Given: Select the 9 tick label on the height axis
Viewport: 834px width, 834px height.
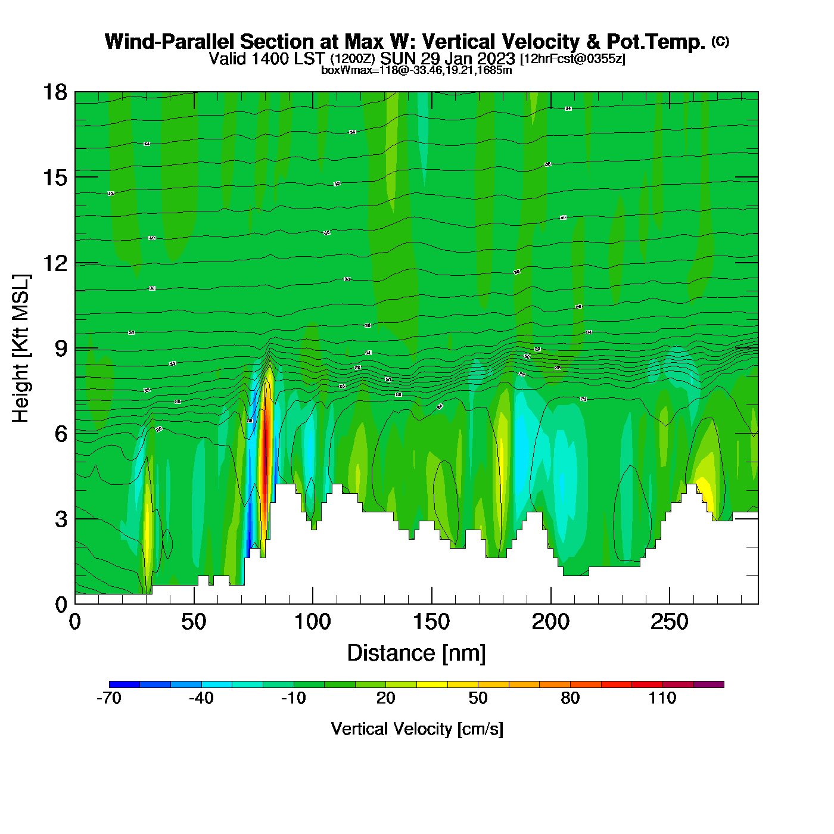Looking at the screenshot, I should pos(61,348).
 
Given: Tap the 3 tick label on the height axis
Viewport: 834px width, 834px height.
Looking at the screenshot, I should pos(61,519).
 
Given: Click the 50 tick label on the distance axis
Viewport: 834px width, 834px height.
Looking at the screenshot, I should pos(194,623).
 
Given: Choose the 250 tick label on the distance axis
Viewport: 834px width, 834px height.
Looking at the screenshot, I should pos(670,623).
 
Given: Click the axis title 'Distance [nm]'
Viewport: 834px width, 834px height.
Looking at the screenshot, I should pos(416,653).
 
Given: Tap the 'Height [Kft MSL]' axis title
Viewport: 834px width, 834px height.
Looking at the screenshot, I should pos(21,348).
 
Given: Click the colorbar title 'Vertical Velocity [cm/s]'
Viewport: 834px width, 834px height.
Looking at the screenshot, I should pos(417,729).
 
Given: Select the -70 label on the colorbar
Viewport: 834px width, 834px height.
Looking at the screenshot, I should pos(109,699).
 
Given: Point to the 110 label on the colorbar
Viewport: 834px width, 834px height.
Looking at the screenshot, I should pos(662,699).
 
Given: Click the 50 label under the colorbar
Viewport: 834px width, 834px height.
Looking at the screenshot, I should pos(478,699).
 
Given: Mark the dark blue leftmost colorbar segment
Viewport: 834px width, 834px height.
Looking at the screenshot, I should pos(125,684).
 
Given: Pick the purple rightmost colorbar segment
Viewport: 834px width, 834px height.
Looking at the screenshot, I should pos(709,684).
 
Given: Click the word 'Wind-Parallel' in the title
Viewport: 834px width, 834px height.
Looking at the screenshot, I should pos(170,42).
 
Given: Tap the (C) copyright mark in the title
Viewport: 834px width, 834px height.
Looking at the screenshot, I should pos(720,41).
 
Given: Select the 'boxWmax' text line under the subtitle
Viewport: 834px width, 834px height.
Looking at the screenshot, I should pos(416,70).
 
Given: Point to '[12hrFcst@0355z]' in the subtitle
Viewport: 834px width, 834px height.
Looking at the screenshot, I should pos(572,59).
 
